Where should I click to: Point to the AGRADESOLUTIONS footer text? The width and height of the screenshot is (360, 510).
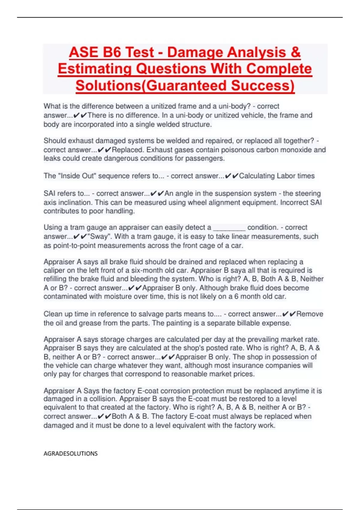point(70,453)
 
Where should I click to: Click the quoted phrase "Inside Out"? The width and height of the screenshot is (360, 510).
point(78,176)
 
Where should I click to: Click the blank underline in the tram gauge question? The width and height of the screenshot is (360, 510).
point(229,228)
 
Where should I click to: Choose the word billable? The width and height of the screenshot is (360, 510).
point(248,323)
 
